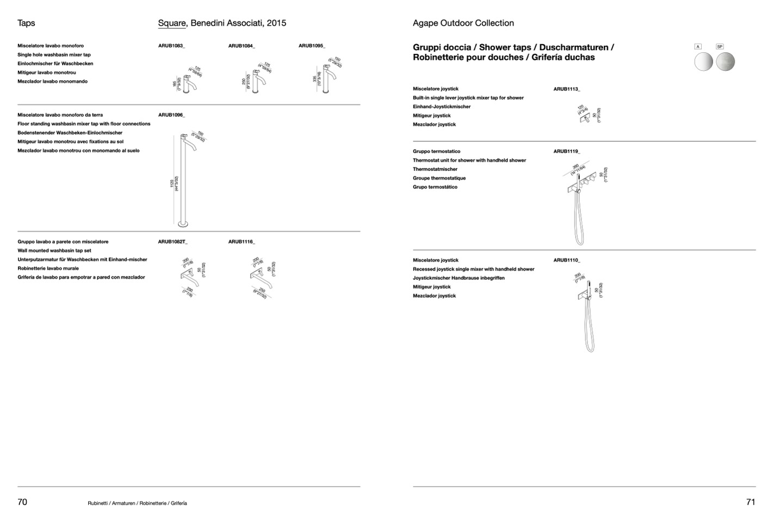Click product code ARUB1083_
pos(171,46)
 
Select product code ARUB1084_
pos(242,46)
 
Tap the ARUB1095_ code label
pos(312,46)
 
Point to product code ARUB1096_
pos(171,115)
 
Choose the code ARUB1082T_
pos(173,242)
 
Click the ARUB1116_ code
pos(242,242)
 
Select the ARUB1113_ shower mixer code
pos(567,89)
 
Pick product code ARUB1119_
pos(567,151)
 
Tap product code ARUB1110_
pos(567,260)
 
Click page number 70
pos(22,502)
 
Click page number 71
pos(751,502)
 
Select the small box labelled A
pos(698,47)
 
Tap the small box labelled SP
pos(720,47)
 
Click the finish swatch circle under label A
pos(704,62)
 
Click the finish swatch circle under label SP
pos(725,62)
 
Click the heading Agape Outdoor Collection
pos(463,23)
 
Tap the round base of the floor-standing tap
pos(183,224)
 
